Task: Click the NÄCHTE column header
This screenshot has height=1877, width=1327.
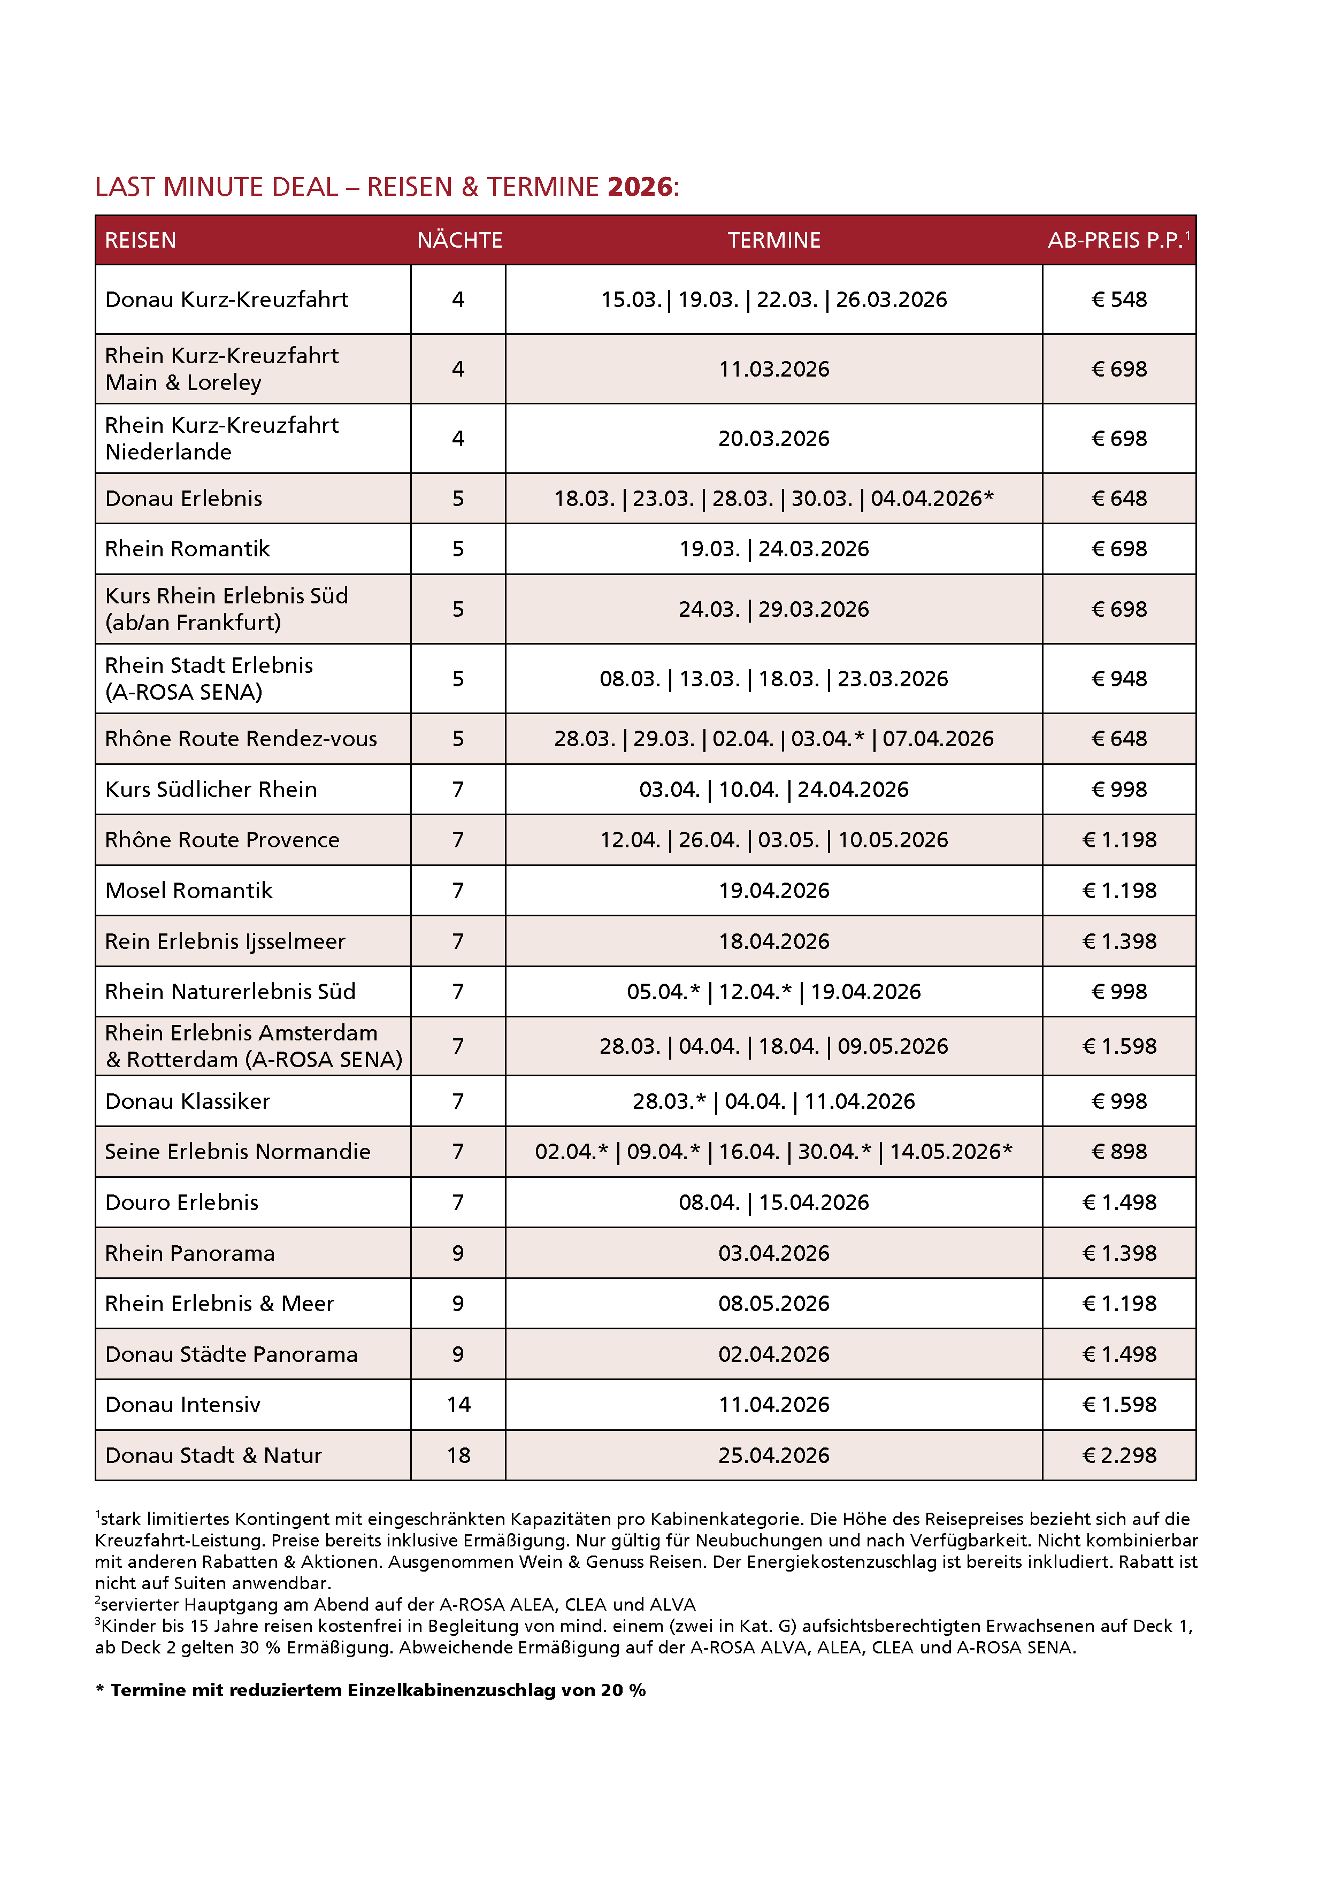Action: point(459,240)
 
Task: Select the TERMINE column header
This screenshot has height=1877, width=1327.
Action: point(773,240)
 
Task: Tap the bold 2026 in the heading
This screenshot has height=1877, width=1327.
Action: point(640,187)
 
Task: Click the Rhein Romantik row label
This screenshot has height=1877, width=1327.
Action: point(187,548)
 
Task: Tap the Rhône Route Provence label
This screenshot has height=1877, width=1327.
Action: point(221,840)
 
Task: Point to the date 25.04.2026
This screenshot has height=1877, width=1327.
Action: point(773,1455)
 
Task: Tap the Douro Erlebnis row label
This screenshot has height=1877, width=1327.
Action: point(181,1202)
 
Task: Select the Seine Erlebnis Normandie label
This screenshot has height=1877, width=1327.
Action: point(237,1151)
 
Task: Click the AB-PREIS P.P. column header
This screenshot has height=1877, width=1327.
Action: point(1117,240)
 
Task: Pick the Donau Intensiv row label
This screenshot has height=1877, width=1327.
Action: point(183,1405)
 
